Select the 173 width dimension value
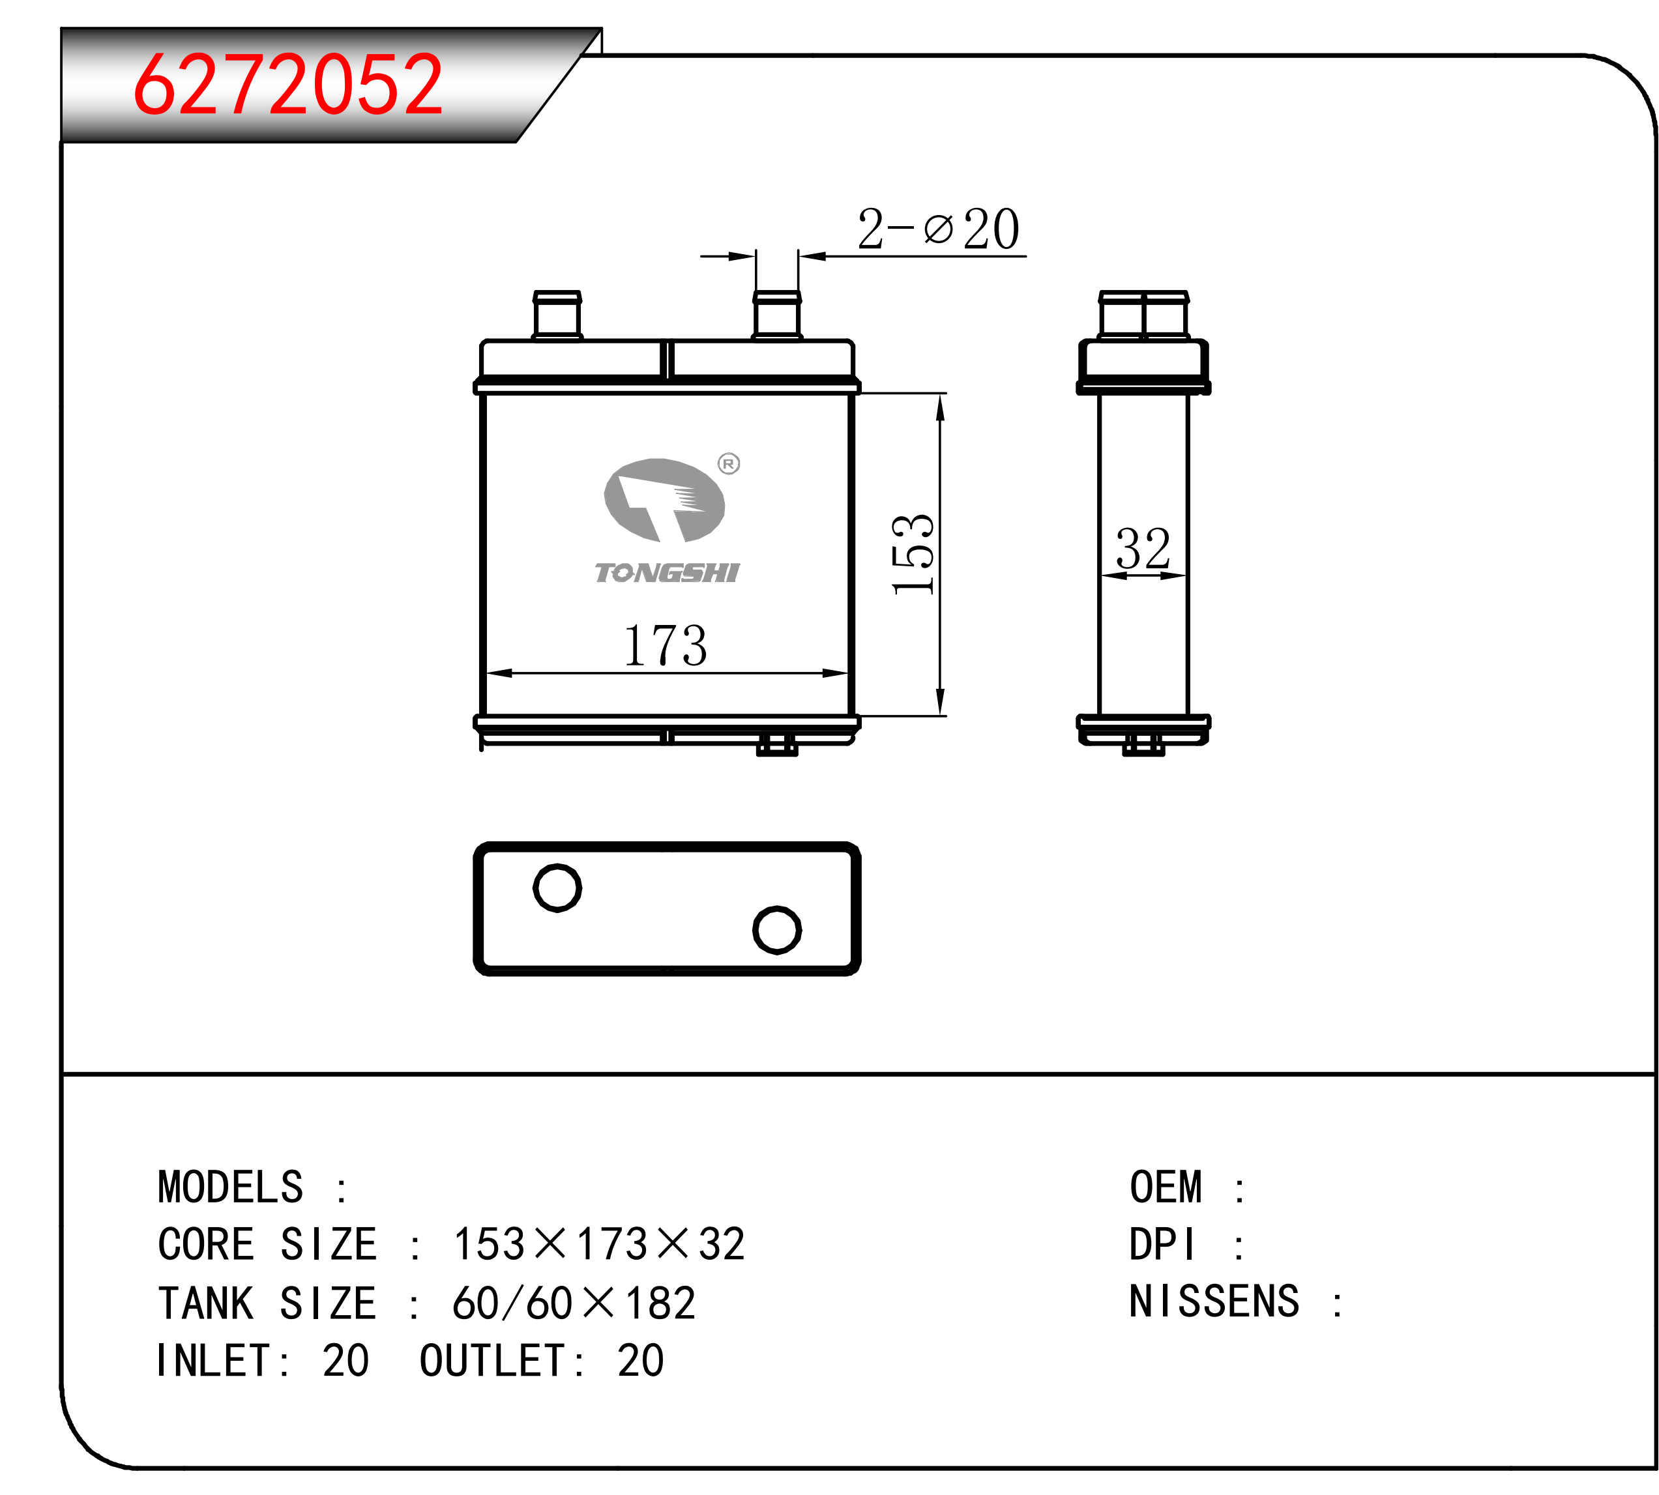coord(665,646)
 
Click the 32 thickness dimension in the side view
coord(1143,549)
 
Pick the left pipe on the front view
coord(557,315)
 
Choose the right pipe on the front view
coord(776,315)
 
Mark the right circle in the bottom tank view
coord(776,930)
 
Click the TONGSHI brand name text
coord(668,573)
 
